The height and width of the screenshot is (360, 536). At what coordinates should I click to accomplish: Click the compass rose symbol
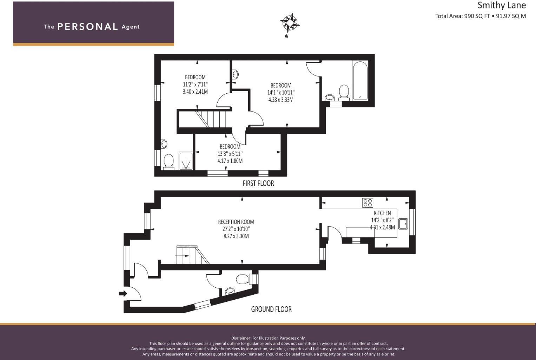point(290,23)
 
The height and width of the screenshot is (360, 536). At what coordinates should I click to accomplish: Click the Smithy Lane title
point(501,5)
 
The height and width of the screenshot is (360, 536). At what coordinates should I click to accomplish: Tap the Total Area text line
point(480,16)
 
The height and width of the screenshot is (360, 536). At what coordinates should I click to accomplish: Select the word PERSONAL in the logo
point(87,27)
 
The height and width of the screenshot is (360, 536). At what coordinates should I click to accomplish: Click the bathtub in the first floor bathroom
point(360,81)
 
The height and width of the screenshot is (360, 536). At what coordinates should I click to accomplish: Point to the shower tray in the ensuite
point(186,161)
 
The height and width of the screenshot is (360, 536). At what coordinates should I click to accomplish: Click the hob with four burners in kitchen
point(368,202)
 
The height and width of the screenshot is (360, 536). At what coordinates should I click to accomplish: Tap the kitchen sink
point(403,224)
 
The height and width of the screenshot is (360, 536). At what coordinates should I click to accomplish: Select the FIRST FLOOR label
point(258,183)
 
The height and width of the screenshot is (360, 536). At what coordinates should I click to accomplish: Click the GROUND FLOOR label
point(271,309)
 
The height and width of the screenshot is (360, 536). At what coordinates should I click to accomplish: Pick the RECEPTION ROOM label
point(236,222)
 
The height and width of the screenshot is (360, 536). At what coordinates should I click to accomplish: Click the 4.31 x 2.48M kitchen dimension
point(382,227)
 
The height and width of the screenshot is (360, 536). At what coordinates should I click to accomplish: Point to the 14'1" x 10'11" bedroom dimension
point(281,93)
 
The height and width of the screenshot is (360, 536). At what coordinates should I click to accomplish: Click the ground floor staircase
point(192,255)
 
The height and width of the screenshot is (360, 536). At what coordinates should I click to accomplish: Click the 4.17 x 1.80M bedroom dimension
point(230,161)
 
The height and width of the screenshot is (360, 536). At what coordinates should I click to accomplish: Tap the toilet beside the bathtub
point(344,92)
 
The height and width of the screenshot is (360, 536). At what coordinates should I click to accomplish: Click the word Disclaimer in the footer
point(241,338)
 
